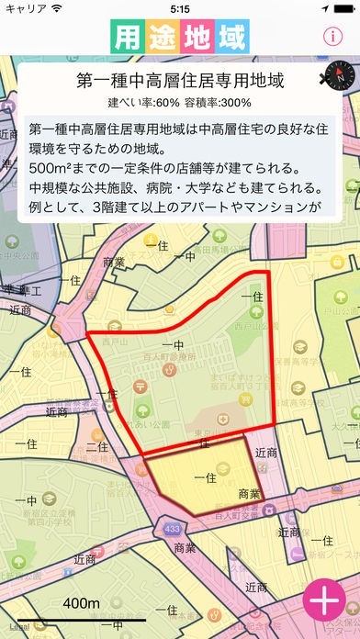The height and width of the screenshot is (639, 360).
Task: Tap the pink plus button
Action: coord(324,603)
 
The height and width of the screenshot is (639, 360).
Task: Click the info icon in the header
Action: coord(332,37)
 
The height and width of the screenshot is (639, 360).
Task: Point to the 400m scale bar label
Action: coord(81,602)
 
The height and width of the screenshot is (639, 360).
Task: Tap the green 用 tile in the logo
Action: coord(129,38)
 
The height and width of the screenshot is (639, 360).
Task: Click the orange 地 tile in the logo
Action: coord(197,38)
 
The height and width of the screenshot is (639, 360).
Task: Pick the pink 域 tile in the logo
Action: coord(231,38)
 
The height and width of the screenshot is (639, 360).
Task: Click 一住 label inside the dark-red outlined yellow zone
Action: coord(205,476)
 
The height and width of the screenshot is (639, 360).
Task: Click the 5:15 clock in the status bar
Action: coord(180,8)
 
